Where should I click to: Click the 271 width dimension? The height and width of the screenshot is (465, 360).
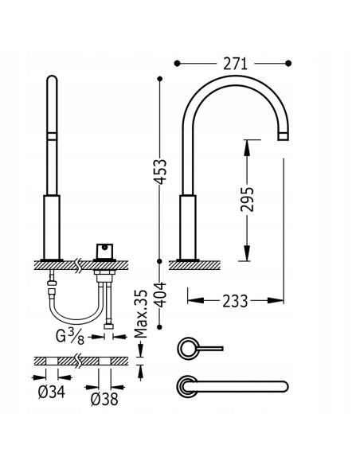coord(232,61)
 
